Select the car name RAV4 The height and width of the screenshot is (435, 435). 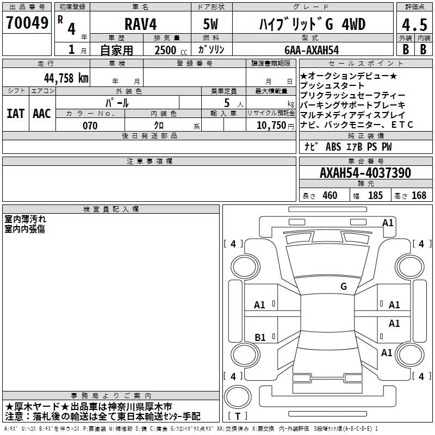[140, 24]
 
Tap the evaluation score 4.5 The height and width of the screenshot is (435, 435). [413, 24]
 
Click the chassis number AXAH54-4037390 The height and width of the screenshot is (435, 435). [365, 173]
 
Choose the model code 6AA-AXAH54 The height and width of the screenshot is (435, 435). [311, 50]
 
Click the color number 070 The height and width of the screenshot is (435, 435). [90, 126]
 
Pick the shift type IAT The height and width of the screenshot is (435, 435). [15, 114]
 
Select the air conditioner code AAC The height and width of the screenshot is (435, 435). [41, 114]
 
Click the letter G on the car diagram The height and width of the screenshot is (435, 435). [343, 287]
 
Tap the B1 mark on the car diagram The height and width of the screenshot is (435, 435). [260, 337]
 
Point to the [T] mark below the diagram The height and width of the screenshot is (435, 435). [238, 416]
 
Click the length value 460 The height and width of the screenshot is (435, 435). [329, 195]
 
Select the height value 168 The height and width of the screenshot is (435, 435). [419, 195]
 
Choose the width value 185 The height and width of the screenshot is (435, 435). [375, 195]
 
